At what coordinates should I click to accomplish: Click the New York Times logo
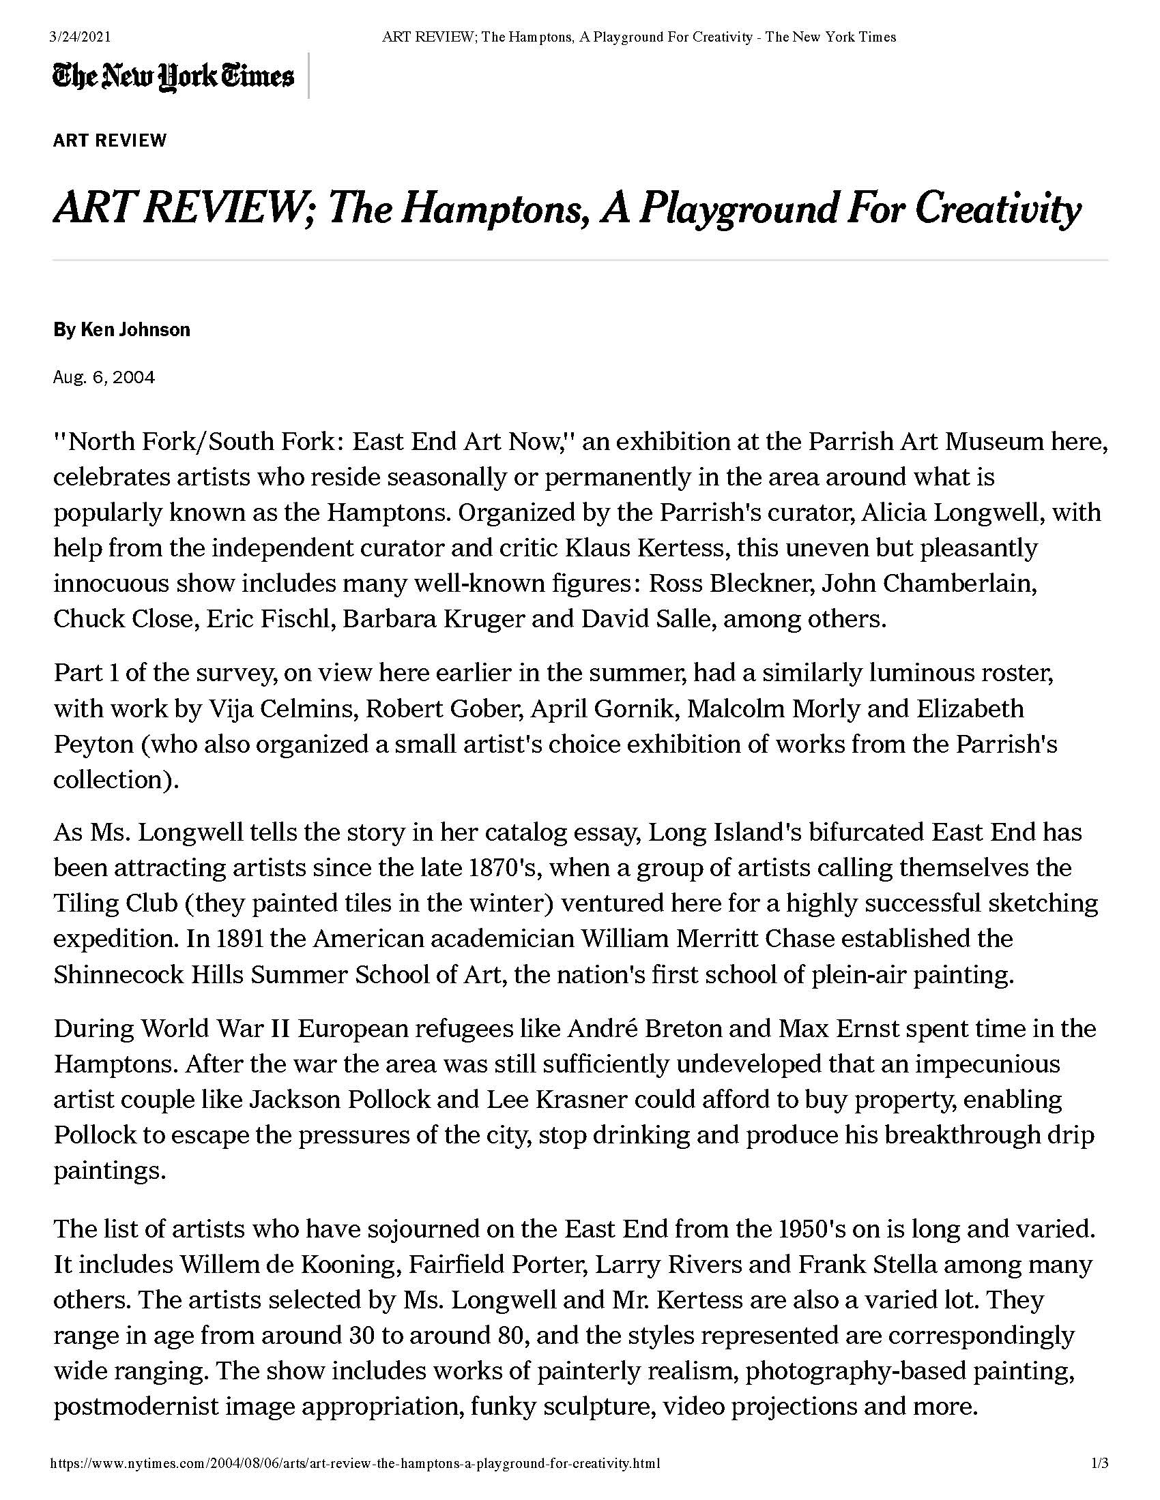(x=173, y=76)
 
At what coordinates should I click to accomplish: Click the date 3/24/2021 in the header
(x=81, y=37)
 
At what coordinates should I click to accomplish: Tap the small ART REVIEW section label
(x=110, y=141)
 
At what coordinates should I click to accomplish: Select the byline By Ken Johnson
(x=121, y=330)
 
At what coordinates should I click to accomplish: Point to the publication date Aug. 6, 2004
(x=104, y=378)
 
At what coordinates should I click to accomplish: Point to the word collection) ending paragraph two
(x=115, y=779)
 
